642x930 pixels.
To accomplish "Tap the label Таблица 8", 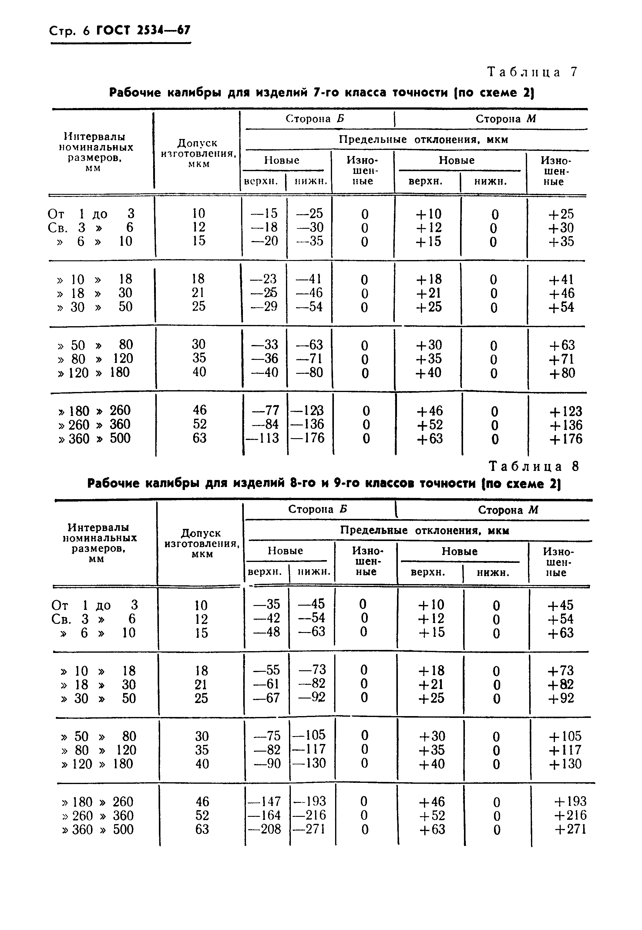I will click(x=534, y=466).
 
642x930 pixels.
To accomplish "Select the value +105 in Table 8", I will click(x=565, y=736).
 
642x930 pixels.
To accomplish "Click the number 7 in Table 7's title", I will click(x=316, y=93).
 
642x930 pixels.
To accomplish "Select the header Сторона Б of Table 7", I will click(x=315, y=119).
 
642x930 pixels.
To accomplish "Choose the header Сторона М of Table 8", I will click(x=508, y=510).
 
